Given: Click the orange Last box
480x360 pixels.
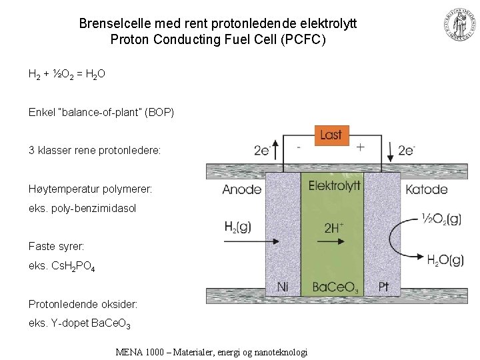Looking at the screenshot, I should (331, 135).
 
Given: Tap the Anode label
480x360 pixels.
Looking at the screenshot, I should (241, 189).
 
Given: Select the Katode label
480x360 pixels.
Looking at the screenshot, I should (426, 189).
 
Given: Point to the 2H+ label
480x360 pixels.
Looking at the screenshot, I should (334, 228).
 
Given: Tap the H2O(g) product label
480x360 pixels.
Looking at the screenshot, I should (445, 260).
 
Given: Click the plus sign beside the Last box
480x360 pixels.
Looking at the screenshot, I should (361, 147).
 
